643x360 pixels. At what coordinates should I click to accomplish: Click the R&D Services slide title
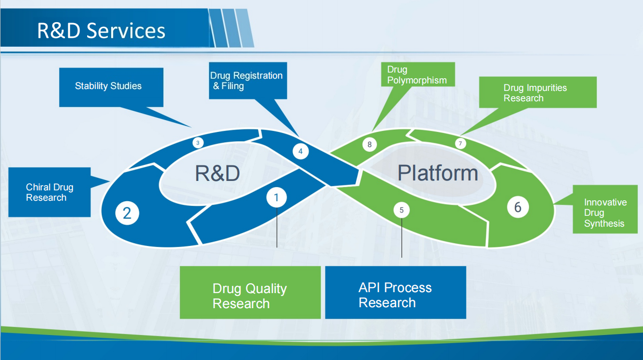(x=101, y=31)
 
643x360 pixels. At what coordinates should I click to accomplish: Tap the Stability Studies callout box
(x=111, y=87)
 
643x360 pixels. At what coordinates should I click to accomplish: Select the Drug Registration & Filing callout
(x=248, y=81)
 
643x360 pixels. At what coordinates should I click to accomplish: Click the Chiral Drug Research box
(x=49, y=192)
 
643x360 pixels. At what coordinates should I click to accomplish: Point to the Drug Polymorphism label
(x=418, y=74)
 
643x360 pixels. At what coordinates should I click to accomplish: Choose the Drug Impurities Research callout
(x=537, y=92)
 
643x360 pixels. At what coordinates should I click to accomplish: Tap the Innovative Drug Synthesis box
(x=605, y=209)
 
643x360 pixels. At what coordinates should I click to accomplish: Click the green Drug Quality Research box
(x=250, y=292)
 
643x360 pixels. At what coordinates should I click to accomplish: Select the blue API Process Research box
(x=396, y=292)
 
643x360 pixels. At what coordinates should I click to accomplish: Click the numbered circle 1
(x=277, y=197)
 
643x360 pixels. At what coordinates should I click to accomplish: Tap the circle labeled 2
(x=127, y=213)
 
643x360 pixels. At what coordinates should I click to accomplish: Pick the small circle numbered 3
(x=198, y=143)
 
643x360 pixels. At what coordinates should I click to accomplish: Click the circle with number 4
(x=301, y=151)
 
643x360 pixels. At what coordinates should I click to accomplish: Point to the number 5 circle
(x=402, y=210)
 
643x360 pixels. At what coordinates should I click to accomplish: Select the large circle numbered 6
(x=518, y=207)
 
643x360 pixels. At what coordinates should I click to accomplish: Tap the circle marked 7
(x=460, y=143)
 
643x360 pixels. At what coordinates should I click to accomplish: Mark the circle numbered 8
(x=369, y=144)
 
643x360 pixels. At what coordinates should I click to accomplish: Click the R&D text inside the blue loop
(x=217, y=173)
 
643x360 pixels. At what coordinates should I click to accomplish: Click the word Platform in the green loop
(x=438, y=173)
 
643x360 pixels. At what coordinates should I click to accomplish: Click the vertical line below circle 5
(x=402, y=238)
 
